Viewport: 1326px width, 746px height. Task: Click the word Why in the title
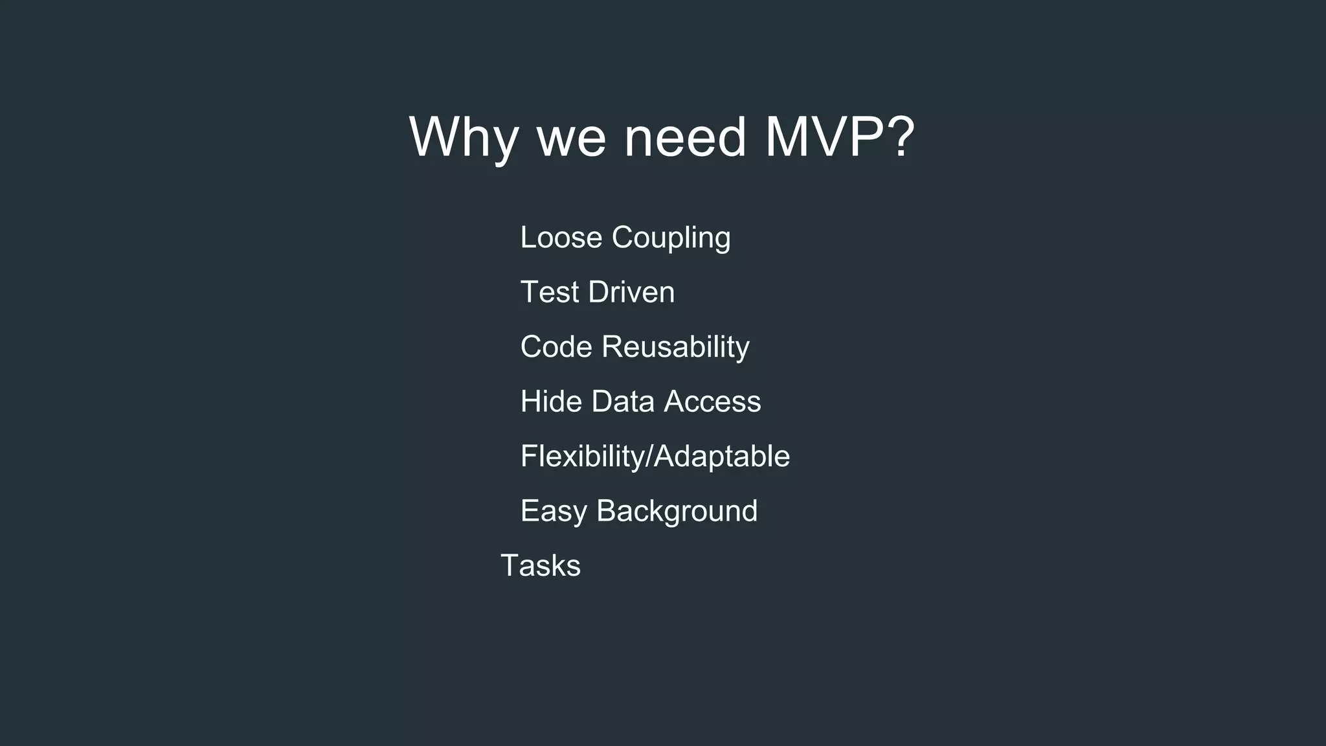[464, 137]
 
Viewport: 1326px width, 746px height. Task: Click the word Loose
[561, 237]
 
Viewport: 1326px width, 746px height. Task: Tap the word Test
[550, 292]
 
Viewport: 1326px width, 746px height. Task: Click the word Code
[556, 346]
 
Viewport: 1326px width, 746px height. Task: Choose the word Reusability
[675, 348]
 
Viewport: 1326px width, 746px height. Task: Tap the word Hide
[551, 401]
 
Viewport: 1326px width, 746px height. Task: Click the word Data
[623, 401]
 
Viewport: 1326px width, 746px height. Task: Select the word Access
[712, 401]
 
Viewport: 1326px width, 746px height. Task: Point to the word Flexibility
[583, 457]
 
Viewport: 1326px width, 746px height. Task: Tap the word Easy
[554, 512]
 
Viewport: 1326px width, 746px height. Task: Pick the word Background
[677, 512]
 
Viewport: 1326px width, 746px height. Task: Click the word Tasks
[541, 565]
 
